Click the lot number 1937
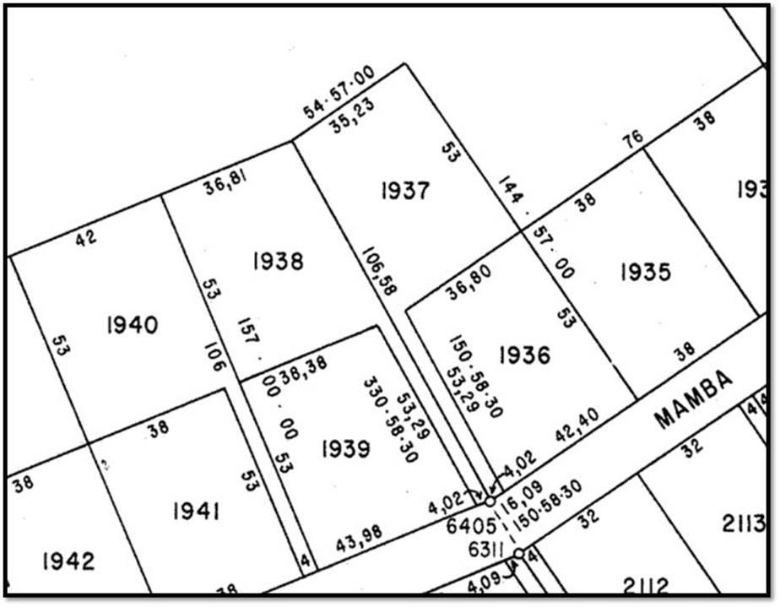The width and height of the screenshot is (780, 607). click(405, 192)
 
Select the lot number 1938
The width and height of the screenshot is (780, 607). click(278, 262)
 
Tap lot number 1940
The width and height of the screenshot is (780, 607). click(133, 324)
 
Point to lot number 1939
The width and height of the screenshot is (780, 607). click(345, 449)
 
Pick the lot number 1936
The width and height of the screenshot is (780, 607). click(524, 355)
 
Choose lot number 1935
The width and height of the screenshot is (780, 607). click(645, 272)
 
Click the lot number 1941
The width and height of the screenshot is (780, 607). click(197, 511)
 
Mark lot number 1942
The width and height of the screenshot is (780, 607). click(68, 561)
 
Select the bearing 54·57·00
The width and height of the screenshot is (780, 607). click(339, 93)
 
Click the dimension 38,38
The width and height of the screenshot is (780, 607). click(303, 368)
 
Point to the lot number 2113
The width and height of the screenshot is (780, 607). click(745, 524)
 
